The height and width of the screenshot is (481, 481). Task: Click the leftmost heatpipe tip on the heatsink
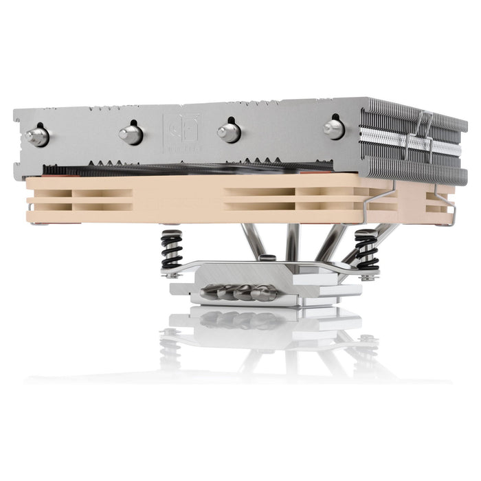click(37, 135)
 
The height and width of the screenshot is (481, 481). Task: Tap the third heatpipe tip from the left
click(229, 131)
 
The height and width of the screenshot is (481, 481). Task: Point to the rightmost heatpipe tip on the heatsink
click(334, 128)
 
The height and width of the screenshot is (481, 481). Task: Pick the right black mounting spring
click(367, 249)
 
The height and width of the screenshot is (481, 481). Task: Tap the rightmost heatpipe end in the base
click(265, 293)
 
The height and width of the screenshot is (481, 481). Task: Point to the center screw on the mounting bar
click(269, 258)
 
